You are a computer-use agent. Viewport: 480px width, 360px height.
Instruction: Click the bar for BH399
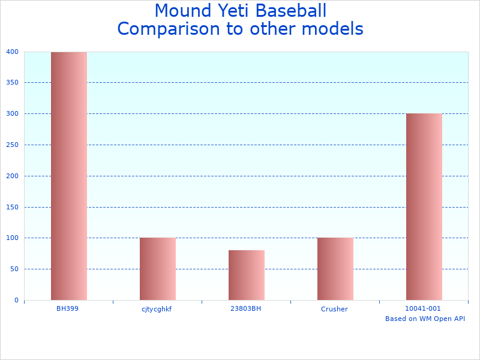(x=69, y=176)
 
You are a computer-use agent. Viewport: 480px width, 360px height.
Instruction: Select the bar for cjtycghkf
(x=158, y=269)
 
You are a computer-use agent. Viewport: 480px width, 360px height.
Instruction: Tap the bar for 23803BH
(x=247, y=275)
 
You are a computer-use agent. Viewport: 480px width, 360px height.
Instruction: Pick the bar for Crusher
(x=335, y=269)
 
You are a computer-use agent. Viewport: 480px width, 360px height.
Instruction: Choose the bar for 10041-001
(x=424, y=206)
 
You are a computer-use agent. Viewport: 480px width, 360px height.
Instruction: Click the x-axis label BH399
(x=68, y=308)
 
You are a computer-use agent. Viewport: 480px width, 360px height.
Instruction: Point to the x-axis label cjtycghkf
(x=157, y=309)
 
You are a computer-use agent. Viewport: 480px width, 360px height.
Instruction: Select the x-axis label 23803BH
(x=245, y=308)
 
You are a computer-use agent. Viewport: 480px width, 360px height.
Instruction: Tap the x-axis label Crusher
(x=334, y=309)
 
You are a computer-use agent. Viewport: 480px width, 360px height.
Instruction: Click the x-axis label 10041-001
(x=423, y=308)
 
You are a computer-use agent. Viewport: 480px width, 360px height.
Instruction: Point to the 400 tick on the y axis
(x=13, y=52)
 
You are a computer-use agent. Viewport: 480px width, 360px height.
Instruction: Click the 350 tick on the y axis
(x=13, y=83)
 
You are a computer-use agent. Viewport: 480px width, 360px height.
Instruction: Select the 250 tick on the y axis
(x=13, y=145)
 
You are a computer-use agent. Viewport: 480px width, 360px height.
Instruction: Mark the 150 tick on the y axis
(x=13, y=207)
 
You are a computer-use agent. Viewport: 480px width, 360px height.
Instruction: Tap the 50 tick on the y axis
(x=14, y=269)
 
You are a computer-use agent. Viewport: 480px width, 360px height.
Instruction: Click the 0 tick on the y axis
(x=16, y=300)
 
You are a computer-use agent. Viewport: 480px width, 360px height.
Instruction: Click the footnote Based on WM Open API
(x=425, y=319)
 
